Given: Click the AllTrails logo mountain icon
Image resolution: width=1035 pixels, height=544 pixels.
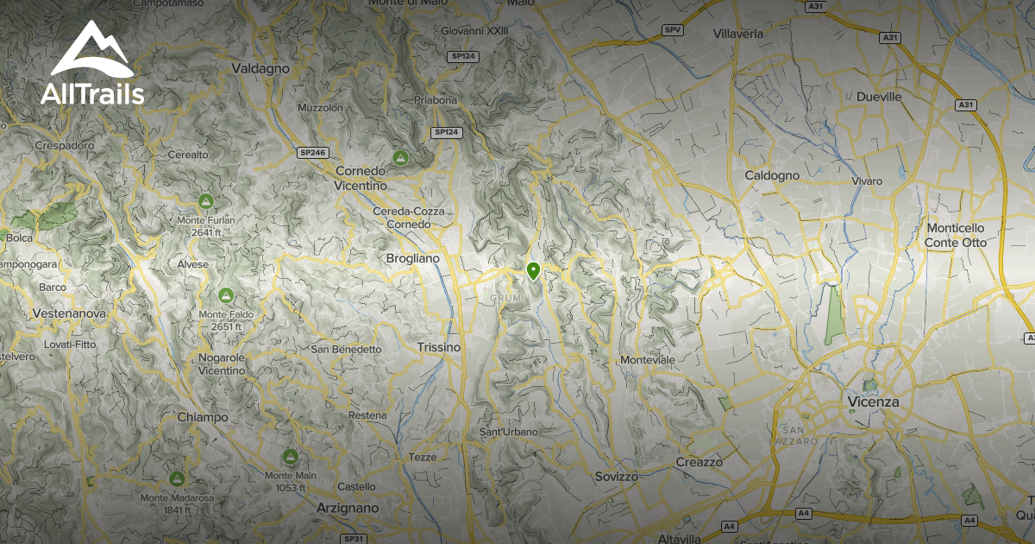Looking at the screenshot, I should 91,49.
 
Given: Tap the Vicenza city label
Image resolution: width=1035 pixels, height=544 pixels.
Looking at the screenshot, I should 873,402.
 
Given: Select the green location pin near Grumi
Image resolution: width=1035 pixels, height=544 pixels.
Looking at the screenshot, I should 534,271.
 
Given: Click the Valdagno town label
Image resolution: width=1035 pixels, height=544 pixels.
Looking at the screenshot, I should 259,67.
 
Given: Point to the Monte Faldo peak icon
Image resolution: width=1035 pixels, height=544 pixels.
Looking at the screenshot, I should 226,296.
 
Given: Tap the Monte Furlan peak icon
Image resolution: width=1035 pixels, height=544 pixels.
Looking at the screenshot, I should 205,201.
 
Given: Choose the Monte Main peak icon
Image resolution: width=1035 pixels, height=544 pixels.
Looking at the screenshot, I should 290,457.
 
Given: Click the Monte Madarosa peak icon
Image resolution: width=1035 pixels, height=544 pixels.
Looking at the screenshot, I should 178,478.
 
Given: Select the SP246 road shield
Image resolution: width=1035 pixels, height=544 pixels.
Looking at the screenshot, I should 311,153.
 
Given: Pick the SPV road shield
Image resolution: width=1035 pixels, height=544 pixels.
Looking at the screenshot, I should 673,30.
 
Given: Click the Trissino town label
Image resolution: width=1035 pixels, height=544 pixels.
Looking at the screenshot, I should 438,347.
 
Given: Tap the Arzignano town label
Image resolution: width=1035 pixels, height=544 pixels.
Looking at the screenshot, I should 348,508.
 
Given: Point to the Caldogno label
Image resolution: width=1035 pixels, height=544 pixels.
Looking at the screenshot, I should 772,175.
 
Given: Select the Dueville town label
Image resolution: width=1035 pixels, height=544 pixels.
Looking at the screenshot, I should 879,98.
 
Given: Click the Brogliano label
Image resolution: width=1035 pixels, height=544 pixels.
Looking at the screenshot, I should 412,258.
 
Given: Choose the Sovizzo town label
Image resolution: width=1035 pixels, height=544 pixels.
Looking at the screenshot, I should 616,477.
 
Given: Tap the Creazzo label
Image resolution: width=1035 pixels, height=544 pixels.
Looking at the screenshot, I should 699,462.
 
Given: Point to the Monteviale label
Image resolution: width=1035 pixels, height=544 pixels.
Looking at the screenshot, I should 648,359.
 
